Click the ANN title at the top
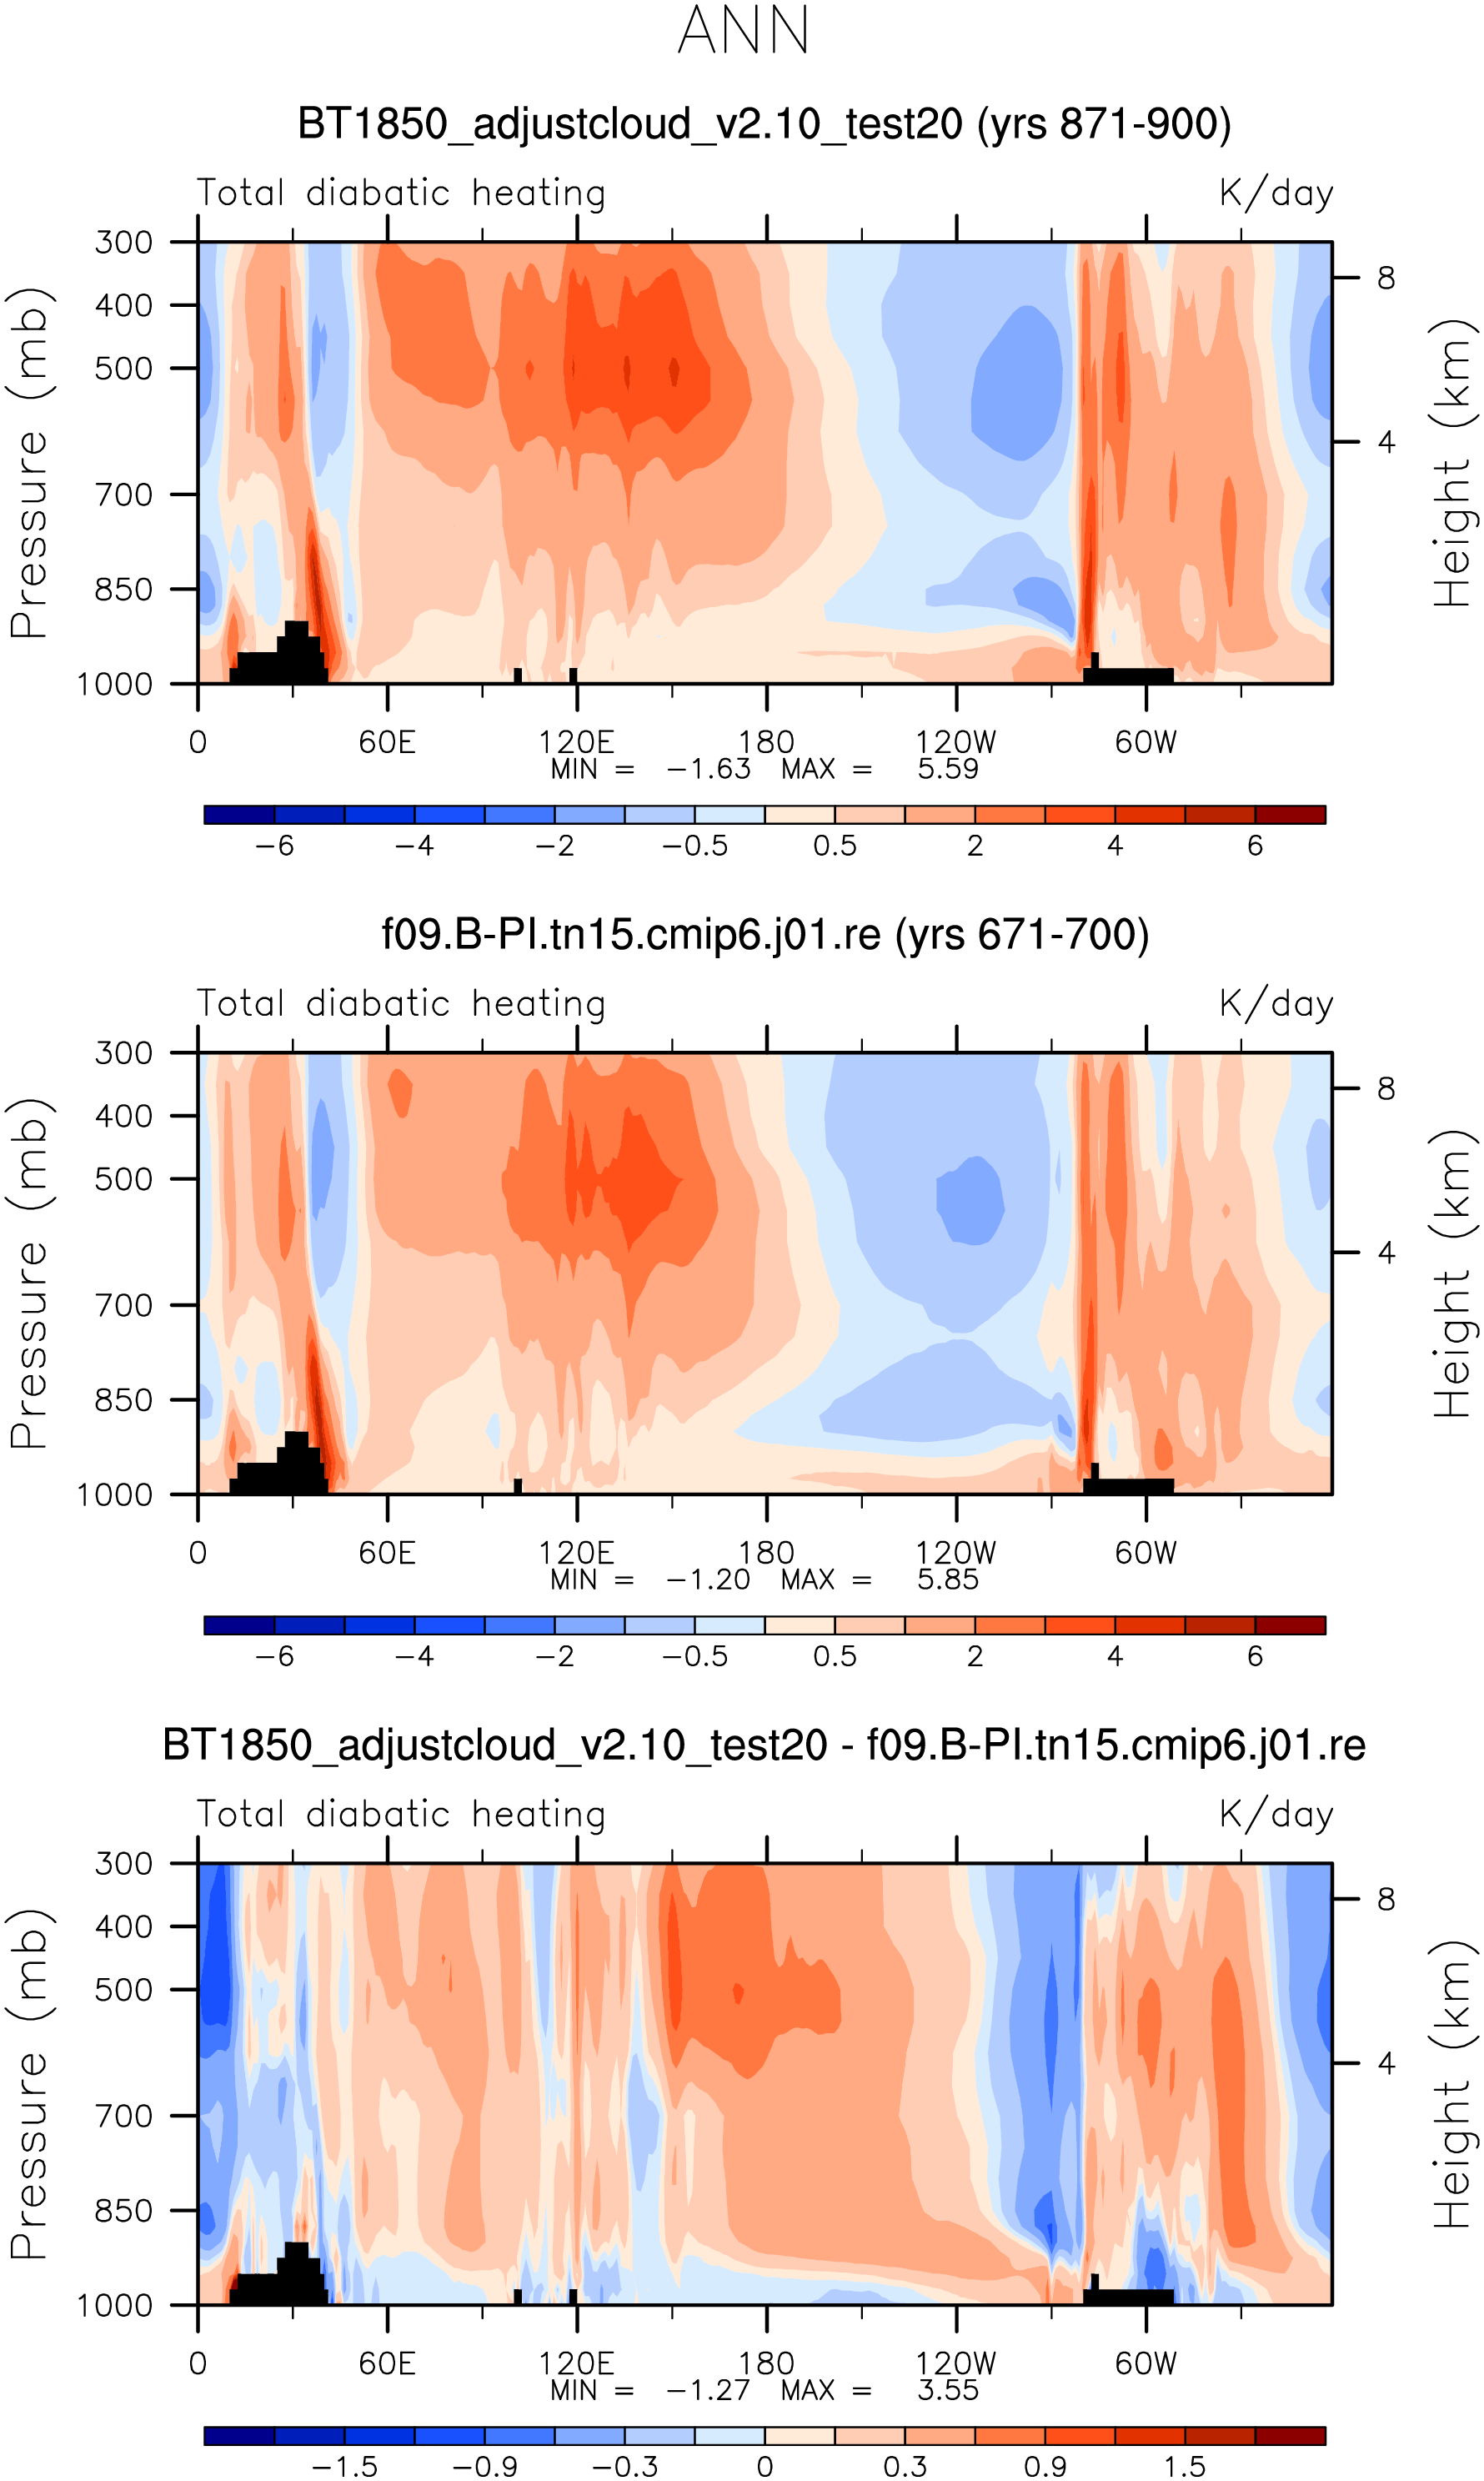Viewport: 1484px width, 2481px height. pyautogui.click(x=743, y=30)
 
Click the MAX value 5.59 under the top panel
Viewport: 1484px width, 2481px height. pyautogui.click(x=947, y=769)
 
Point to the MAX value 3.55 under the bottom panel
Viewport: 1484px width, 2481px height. pyautogui.click(x=947, y=2390)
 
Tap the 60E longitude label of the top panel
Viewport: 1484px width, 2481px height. pyautogui.click(x=387, y=742)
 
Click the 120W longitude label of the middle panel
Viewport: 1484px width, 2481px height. pyautogui.click(x=956, y=1553)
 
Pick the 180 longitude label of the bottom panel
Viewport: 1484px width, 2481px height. pyautogui.click(x=766, y=2363)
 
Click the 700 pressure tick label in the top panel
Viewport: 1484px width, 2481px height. pyautogui.click(x=124, y=494)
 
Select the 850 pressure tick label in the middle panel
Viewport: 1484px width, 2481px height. pyautogui.click(x=124, y=1400)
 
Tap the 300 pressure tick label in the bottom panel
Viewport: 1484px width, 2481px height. pyautogui.click(x=124, y=1864)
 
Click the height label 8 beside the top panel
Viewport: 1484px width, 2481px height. pyautogui.click(x=1386, y=278)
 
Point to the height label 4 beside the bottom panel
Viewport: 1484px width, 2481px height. pyautogui.click(x=1386, y=2063)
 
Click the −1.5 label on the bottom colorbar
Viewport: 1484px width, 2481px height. pyautogui.click(x=345, y=2467)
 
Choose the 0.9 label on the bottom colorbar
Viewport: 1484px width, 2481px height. pyautogui.click(x=1045, y=2467)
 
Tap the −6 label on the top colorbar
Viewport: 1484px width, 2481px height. pyautogui.click(x=275, y=846)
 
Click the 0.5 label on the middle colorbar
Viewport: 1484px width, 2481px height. pyautogui.click(x=835, y=1656)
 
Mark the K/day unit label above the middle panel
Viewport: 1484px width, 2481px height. pyautogui.click(x=1276, y=1003)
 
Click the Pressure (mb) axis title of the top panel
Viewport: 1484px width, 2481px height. pyautogui.click(x=30, y=462)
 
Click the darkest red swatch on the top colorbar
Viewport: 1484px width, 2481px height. pyautogui.click(x=1290, y=814)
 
